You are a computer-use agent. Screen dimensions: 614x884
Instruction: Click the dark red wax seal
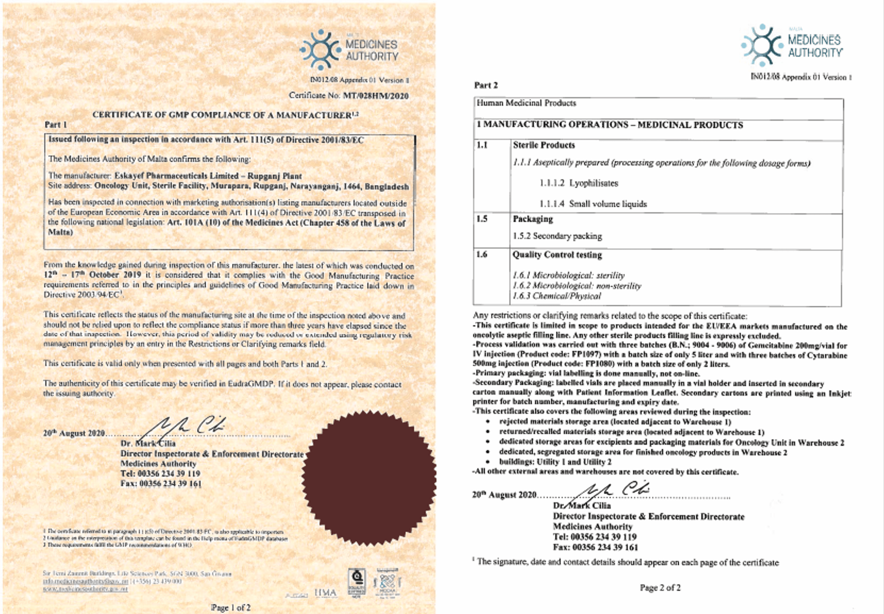369,476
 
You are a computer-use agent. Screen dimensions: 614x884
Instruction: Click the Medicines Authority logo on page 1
349,49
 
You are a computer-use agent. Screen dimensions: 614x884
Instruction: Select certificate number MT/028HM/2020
376,96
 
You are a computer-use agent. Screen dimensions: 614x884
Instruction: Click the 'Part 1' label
56,125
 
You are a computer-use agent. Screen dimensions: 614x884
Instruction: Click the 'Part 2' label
486,85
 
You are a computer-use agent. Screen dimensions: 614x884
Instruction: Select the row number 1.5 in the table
482,219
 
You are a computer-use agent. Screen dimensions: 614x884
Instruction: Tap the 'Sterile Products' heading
544,145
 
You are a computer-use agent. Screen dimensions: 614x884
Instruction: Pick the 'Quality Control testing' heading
557,255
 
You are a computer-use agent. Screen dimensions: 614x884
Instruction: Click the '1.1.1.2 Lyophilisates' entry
578,183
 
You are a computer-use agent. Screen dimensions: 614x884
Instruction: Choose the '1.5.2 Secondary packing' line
557,236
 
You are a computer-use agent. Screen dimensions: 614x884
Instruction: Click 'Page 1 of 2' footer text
231,607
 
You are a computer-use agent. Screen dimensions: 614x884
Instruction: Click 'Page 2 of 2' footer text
660,587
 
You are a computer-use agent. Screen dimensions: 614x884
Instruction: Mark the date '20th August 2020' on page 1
74,433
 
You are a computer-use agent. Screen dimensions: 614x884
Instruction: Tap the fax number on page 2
596,547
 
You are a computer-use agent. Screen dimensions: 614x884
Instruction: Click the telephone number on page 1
160,474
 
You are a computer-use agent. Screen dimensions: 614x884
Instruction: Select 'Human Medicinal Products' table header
526,103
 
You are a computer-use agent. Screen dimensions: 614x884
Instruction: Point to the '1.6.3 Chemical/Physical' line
556,296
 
